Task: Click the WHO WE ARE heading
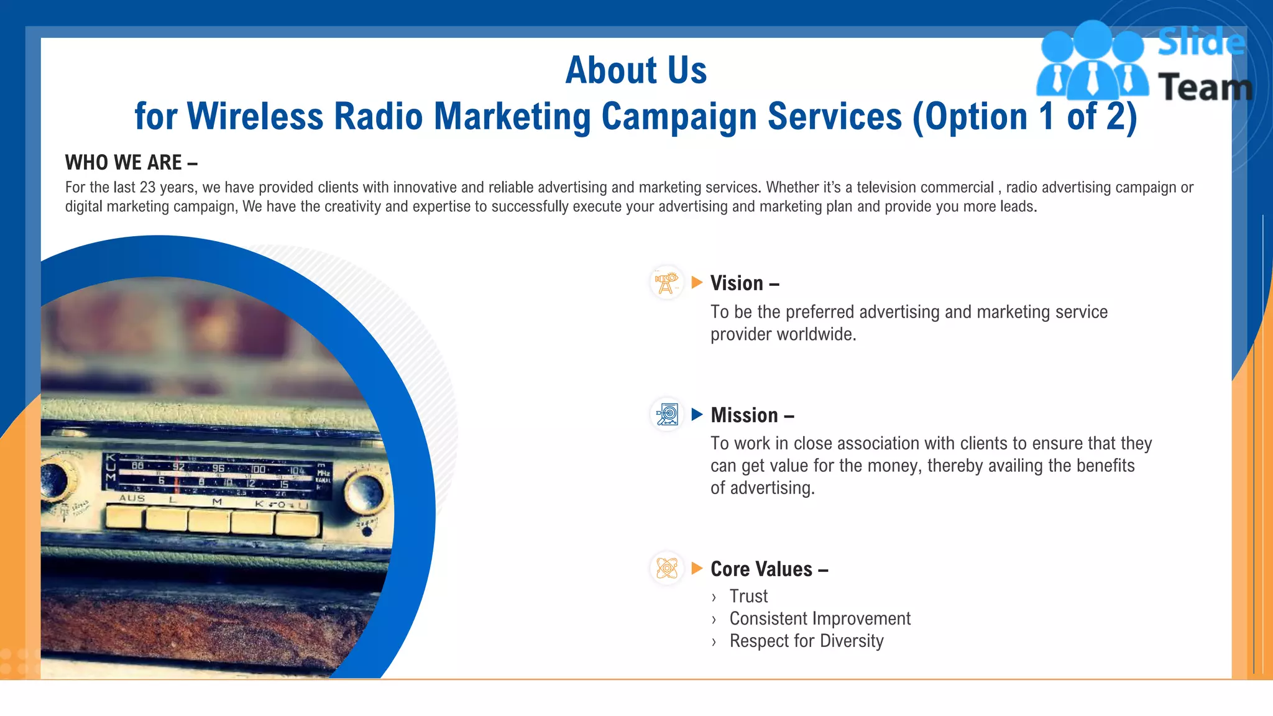click(x=131, y=163)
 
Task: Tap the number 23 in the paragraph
click(x=147, y=188)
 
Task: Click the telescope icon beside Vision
click(x=666, y=283)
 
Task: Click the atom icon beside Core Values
click(x=667, y=568)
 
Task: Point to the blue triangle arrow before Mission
click(x=697, y=415)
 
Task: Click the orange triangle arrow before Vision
click(x=697, y=283)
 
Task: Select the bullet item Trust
click(x=748, y=597)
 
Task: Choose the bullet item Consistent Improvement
click(x=819, y=619)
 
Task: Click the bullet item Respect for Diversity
click(x=806, y=641)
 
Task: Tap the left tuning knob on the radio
click(x=55, y=479)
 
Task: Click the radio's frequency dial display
click(x=218, y=475)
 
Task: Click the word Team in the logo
click(x=1205, y=87)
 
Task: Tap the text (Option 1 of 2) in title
click(x=1024, y=117)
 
